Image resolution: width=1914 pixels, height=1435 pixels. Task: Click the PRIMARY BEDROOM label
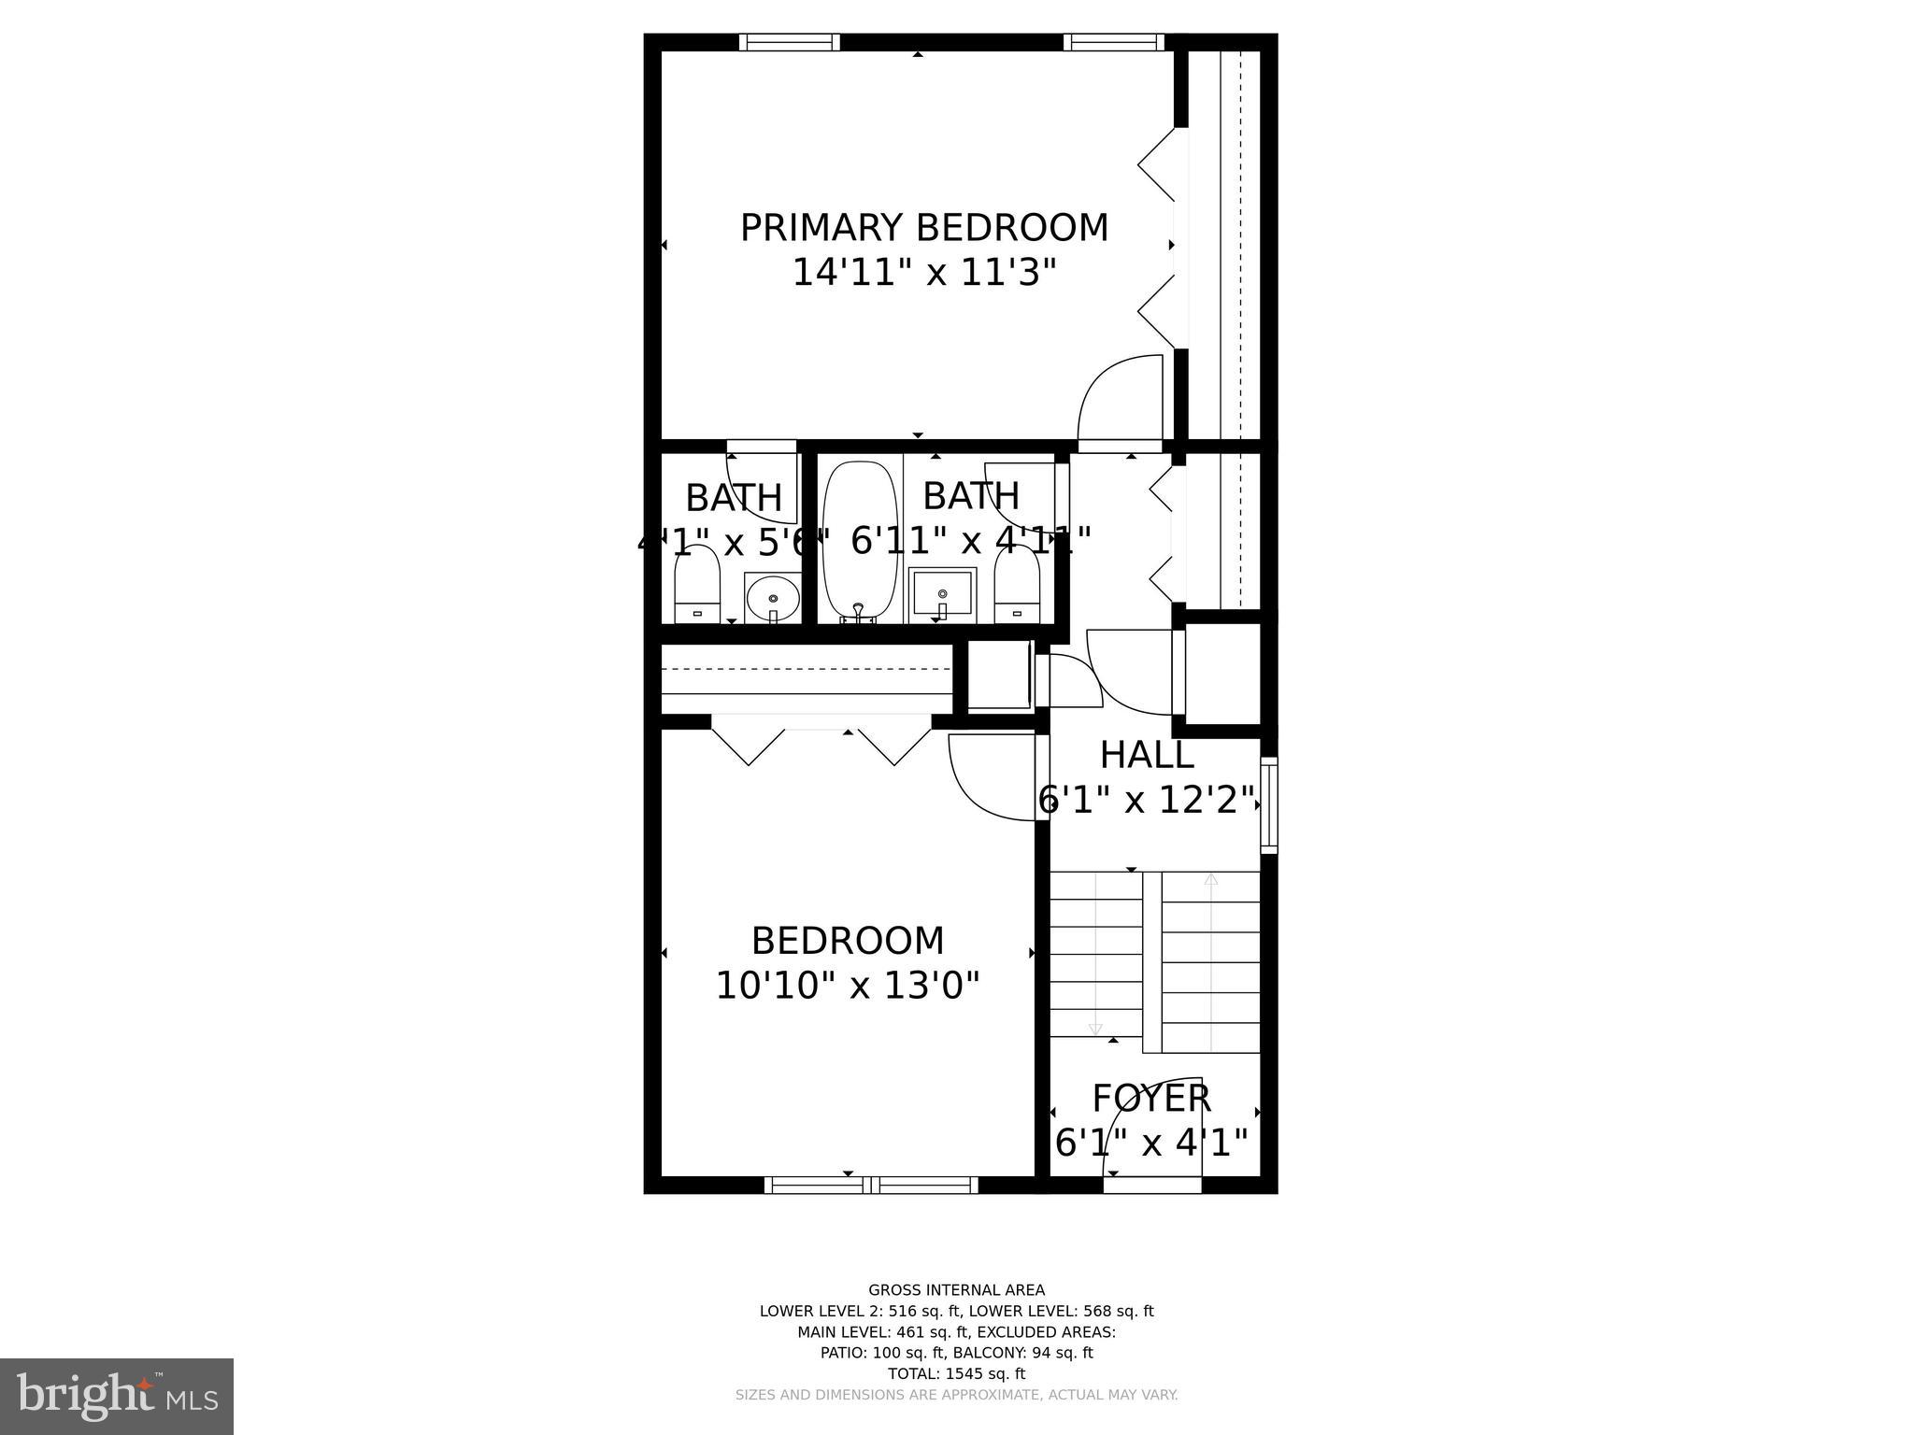click(923, 228)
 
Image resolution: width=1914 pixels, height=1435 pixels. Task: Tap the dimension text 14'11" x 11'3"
click(923, 273)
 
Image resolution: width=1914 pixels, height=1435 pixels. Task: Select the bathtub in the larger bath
click(859, 539)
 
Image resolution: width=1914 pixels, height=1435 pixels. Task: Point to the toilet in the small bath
click(697, 584)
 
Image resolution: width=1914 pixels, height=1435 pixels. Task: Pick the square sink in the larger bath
click(942, 594)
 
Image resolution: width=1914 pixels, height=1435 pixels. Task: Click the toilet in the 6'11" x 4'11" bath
click(1017, 584)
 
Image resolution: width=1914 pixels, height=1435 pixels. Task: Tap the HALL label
click(1147, 755)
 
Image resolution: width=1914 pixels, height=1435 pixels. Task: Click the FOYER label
click(1151, 1099)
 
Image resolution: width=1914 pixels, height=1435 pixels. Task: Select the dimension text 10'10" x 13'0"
click(847, 986)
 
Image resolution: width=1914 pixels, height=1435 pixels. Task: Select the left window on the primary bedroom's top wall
click(789, 42)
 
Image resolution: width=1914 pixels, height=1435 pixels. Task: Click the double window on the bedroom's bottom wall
click(871, 1185)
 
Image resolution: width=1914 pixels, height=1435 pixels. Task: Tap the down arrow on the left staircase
click(1095, 1029)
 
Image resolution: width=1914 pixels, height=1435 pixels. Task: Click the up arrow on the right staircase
click(1211, 879)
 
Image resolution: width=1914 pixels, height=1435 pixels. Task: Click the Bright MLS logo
click(117, 1396)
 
